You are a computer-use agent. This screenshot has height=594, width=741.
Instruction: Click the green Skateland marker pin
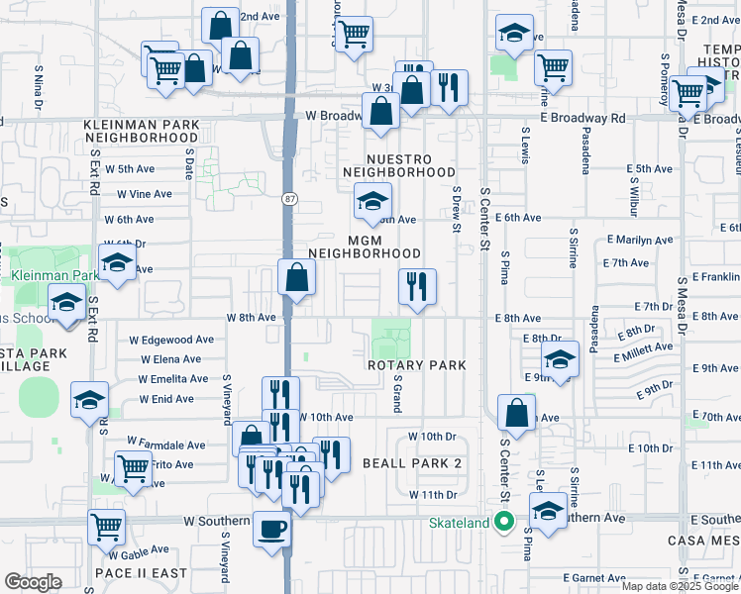point(504,522)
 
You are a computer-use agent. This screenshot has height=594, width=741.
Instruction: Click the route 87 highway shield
point(288,198)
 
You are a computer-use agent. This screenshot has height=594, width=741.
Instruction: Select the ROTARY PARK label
point(416,365)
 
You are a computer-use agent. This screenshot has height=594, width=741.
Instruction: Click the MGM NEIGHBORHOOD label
point(370,247)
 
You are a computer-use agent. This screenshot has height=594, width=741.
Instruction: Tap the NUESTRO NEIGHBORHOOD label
point(399,165)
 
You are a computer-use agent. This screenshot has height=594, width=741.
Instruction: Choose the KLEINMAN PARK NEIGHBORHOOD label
point(141,131)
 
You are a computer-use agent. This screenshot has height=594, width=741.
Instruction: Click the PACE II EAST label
point(141,573)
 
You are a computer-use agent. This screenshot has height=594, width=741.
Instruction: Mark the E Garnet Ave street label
point(597,577)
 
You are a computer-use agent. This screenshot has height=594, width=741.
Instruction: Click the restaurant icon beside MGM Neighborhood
point(417,287)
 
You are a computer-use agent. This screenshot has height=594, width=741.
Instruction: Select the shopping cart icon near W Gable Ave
point(106,527)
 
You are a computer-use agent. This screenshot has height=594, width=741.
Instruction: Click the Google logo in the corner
point(33,582)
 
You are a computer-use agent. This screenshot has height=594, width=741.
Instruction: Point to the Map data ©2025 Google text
point(679,586)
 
